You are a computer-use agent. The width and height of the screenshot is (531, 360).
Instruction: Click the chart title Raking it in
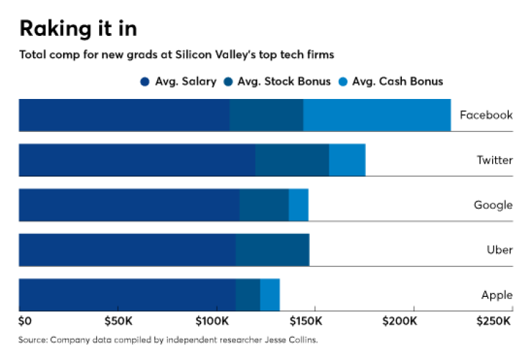click(78, 29)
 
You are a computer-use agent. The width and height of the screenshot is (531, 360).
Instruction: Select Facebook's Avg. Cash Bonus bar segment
click(377, 115)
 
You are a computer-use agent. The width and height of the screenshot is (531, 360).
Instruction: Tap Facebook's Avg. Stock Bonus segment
click(266, 115)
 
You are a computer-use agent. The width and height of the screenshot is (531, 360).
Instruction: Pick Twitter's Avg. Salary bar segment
click(136, 160)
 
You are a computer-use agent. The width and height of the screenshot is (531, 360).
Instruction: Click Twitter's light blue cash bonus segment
click(347, 160)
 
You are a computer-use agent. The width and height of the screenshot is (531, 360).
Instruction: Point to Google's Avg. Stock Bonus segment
click(264, 205)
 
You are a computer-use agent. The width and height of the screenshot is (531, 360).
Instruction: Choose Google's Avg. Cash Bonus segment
click(299, 205)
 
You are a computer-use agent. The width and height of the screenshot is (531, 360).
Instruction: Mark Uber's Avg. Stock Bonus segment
click(272, 250)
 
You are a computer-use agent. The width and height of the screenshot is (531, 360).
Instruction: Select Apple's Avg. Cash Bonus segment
click(270, 295)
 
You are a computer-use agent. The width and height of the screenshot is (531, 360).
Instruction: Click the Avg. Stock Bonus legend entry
click(278, 82)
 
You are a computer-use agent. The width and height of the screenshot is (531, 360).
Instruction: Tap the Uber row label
click(499, 250)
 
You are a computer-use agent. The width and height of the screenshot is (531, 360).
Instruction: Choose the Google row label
click(493, 205)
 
